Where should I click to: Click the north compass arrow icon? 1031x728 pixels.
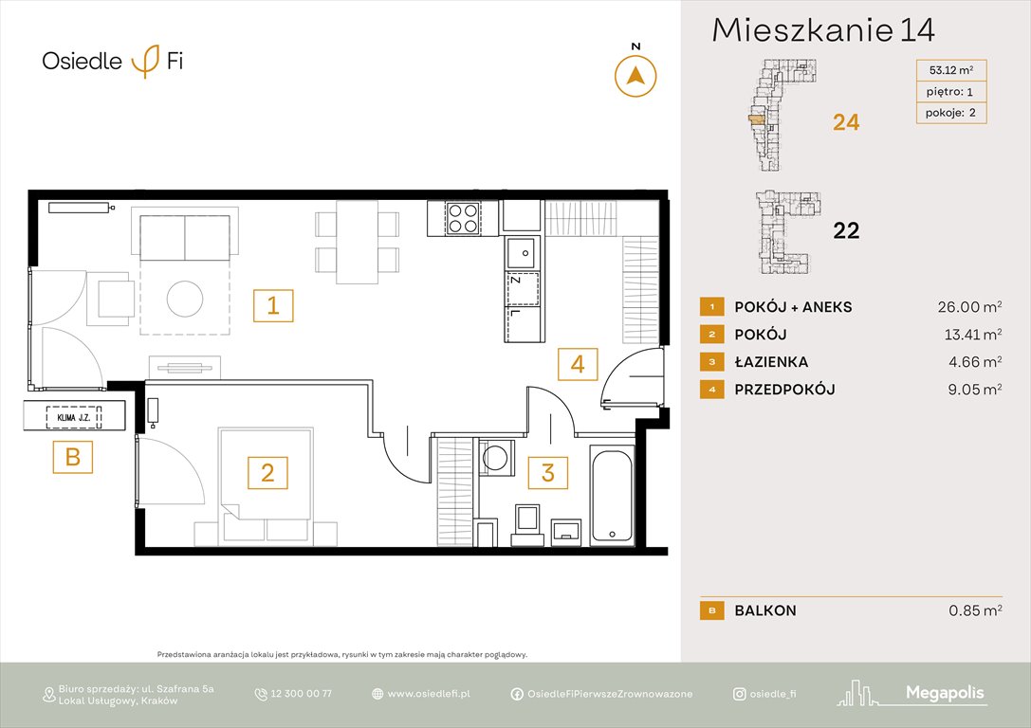coord(635,76)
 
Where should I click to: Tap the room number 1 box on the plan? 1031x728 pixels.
coord(272,306)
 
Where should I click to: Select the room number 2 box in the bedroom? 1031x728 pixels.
coord(267,471)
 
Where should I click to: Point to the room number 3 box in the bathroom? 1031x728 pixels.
coord(547,471)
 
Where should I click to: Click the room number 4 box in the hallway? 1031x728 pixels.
coord(578,363)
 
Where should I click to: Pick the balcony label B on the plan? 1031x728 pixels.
coord(73,459)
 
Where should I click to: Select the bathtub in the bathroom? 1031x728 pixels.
coord(612,494)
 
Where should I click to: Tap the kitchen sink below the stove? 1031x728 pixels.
coord(522,252)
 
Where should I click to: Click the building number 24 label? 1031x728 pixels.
coord(846,122)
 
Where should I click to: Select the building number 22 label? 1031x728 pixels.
coord(846,230)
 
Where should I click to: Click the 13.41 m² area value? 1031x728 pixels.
coord(968,335)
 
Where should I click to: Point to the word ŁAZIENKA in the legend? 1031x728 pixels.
coord(771,362)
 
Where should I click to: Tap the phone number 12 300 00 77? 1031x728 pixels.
coord(301,694)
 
